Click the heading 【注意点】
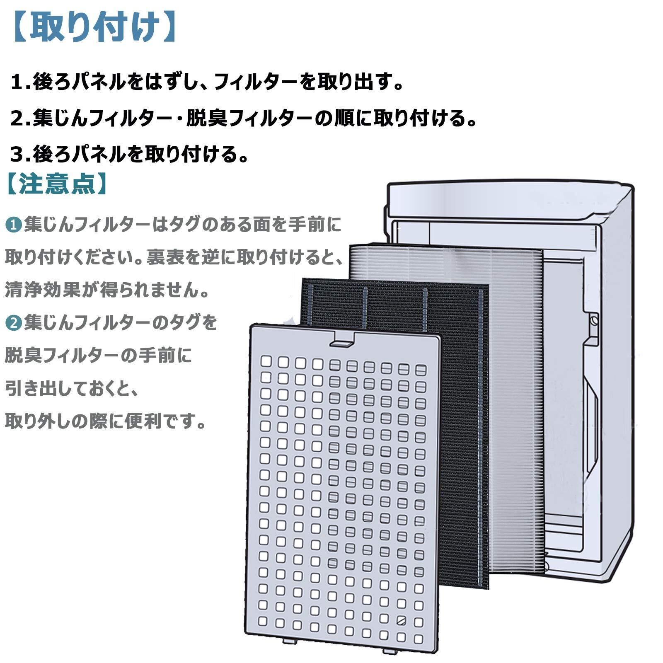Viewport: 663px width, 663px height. [57, 184]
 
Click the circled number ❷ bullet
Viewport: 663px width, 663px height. [13, 323]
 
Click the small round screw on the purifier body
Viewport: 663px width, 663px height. [594, 320]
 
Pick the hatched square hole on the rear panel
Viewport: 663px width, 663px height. [401, 620]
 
